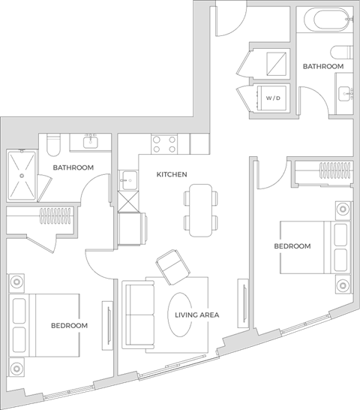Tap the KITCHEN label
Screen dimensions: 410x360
pos(172,174)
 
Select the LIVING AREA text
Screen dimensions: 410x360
pos(197,315)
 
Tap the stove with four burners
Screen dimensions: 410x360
pos(163,143)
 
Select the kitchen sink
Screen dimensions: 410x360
pos(129,181)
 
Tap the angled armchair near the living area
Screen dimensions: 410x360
pos(171,265)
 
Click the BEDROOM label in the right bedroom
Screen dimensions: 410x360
pos(292,246)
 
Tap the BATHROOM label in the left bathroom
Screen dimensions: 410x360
pos(73,167)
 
